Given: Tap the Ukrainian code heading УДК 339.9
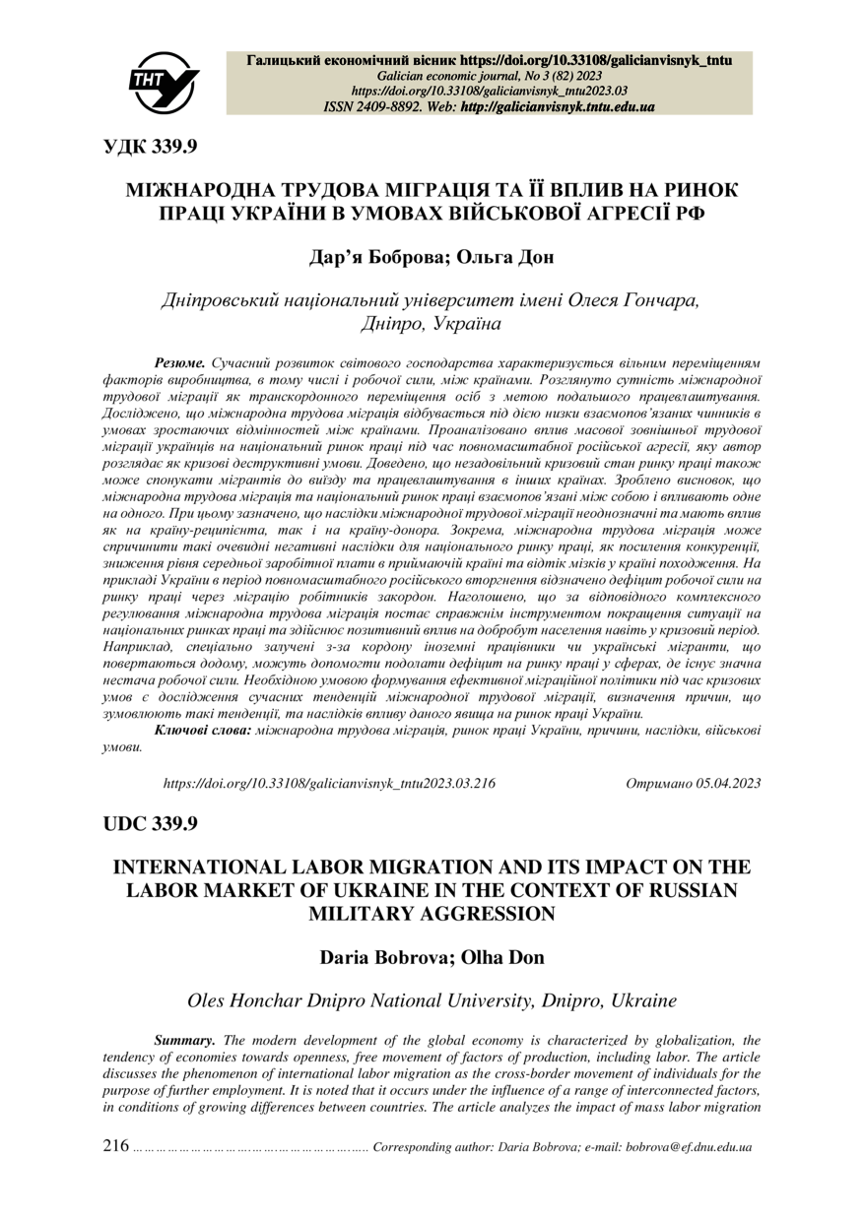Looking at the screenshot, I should point(151,147).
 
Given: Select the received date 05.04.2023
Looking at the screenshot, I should point(727,783).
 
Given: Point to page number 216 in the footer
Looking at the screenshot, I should point(116,1146).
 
